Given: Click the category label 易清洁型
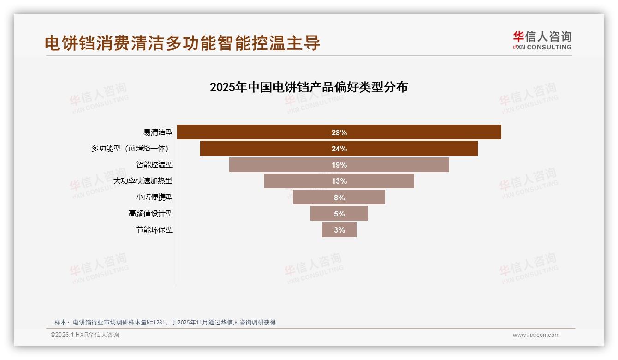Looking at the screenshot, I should (158, 132).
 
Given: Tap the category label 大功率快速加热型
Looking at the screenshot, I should (143, 181).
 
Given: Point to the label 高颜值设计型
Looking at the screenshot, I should (150, 213).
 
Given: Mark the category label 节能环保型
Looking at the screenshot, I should (154, 230).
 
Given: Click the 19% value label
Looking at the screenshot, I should (339, 165).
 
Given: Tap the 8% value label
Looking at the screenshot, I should (339, 198).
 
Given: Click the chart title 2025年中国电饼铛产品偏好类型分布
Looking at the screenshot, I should (309, 87).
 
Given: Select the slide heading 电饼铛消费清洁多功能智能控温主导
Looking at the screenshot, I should (182, 43).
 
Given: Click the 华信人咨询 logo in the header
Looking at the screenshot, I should (542, 40).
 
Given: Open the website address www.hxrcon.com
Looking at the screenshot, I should (536, 335).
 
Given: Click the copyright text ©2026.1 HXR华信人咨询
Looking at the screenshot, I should (85, 335).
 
